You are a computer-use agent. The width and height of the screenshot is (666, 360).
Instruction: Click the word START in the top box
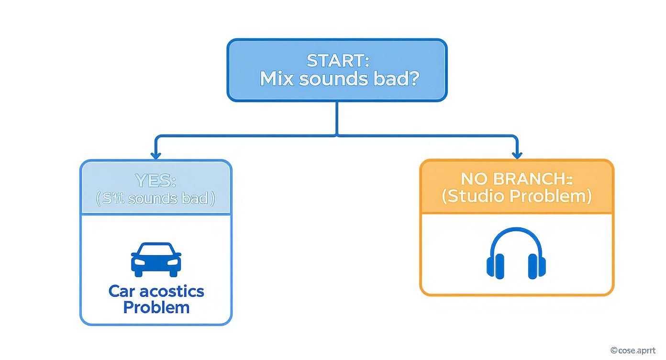click(335, 61)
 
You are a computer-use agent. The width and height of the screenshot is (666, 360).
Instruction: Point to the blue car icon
click(156, 259)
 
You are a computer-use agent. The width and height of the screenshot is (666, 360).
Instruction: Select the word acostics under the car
click(169, 291)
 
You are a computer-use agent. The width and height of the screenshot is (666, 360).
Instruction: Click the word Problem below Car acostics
click(156, 307)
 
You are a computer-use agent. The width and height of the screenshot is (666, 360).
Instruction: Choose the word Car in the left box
click(120, 291)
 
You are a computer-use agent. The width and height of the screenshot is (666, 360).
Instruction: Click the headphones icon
click(516, 254)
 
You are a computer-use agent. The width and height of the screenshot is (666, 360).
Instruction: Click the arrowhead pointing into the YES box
click(155, 155)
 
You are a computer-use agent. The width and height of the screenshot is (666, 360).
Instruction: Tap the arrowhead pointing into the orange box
click(517, 155)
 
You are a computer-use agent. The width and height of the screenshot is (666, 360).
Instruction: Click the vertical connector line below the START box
click(337, 118)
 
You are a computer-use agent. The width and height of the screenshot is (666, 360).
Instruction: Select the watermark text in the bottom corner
click(636, 351)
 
